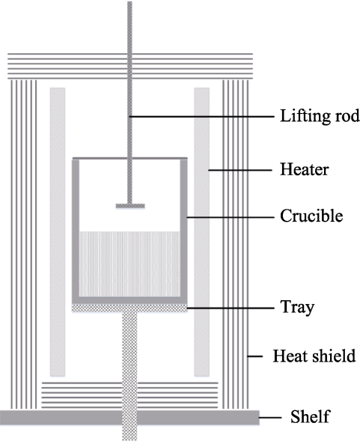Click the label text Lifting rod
(x=320, y=116)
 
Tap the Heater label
(x=305, y=170)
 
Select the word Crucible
(x=311, y=216)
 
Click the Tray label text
(x=297, y=308)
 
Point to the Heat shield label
(x=314, y=356)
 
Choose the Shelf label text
(x=310, y=416)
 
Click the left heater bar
(x=58, y=232)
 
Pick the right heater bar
(x=201, y=232)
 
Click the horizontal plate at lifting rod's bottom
(x=130, y=206)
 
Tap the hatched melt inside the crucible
(x=129, y=264)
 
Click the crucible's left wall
(x=76, y=228)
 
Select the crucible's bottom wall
(x=129, y=300)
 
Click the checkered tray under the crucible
(x=129, y=308)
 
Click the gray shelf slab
(x=131, y=417)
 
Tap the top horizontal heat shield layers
(x=130, y=66)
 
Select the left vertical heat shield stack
(x=24, y=244)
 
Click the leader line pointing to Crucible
(x=231, y=217)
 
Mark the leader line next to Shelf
(x=270, y=417)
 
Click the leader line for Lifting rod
(x=201, y=116)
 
